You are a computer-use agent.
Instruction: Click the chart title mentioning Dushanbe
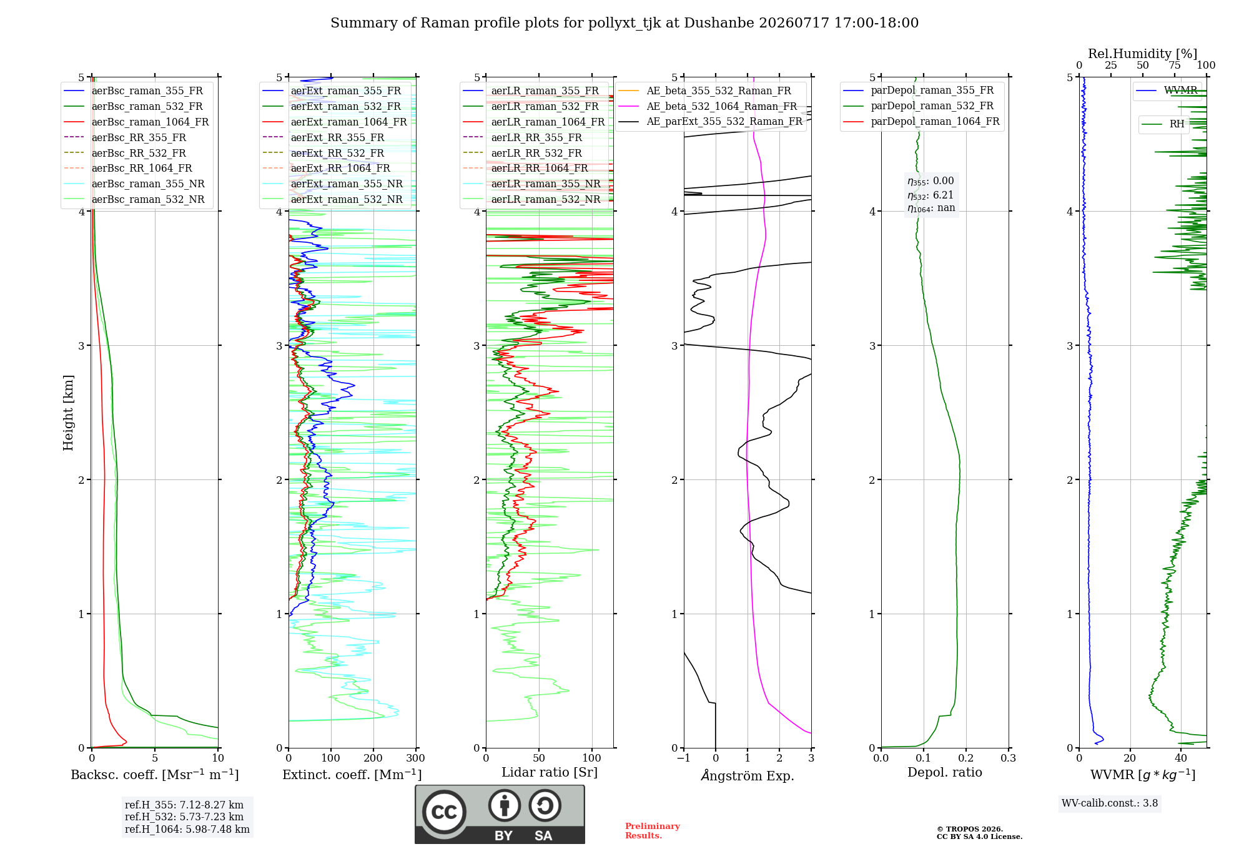(x=624, y=23)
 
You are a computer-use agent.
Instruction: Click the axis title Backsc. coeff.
(x=155, y=775)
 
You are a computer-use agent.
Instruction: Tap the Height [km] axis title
(x=68, y=413)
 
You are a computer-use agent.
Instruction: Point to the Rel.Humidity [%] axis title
(x=1143, y=54)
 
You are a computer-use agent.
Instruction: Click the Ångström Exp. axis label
(x=748, y=775)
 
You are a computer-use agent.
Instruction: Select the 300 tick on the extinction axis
(x=416, y=758)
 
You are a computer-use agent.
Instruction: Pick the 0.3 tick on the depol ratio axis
(x=1009, y=758)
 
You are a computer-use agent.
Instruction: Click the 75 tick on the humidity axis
(x=1175, y=65)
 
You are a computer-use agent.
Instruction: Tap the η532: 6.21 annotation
(x=931, y=195)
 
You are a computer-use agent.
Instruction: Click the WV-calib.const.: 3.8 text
(x=1110, y=803)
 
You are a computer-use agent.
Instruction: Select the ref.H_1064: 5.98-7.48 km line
(x=187, y=830)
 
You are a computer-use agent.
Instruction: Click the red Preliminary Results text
(x=653, y=831)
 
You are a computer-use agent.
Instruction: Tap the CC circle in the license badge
(x=444, y=812)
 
